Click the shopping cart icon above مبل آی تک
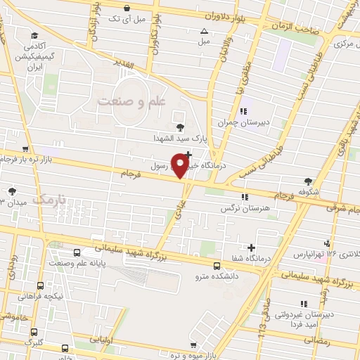[126, 8]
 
